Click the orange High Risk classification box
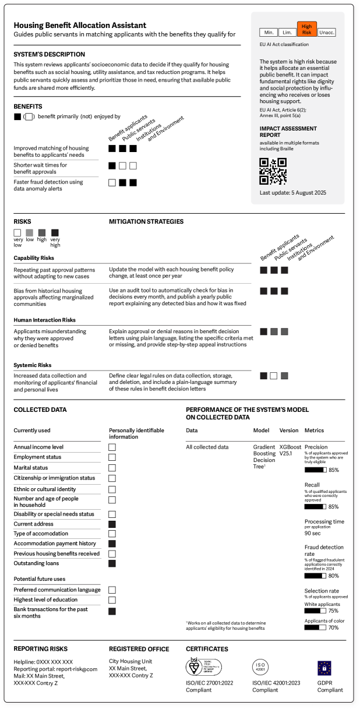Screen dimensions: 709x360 (x=306, y=29)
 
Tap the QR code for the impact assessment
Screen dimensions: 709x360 (x=272, y=171)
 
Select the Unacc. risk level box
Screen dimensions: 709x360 (x=327, y=33)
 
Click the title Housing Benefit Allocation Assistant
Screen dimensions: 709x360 (x=80, y=26)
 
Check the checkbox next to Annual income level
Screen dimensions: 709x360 (x=112, y=447)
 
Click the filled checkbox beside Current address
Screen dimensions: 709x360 (x=112, y=524)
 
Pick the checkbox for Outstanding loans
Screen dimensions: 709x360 (x=112, y=563)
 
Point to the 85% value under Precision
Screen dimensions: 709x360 (x=334, y=470)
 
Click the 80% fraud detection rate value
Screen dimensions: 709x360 (x=334, y=576)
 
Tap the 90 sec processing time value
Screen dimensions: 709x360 (x=313, y=533)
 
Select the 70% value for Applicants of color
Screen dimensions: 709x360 (x=333, y=627)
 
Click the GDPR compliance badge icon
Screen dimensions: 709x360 (x=324, y=668)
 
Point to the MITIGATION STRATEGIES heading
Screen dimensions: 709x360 (x=146, y=221)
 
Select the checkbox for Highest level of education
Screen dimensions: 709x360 (x=112, y=599)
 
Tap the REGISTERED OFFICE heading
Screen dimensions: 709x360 (x=139, y=648)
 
